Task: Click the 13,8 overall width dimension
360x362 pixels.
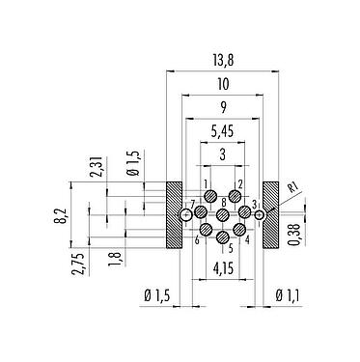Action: tap(223, 60)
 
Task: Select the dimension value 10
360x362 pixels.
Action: tap(223, 84)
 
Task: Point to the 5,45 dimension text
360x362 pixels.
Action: tap(223, 131)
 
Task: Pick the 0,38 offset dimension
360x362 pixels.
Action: tap(293, 235)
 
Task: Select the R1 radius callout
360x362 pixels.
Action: tap(292, 187)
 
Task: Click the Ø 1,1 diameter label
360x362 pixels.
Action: tap(288, 295)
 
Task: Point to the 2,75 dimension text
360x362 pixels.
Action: tap(79, 265)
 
